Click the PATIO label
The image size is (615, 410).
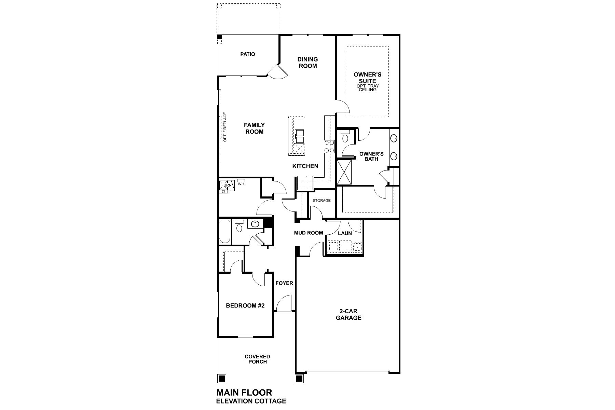pyautogui.click(x=247, y=54)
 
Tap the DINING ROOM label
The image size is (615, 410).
pyautogui.click(x=307, y=63)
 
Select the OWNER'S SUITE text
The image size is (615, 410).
pyautogui.click(x=367, y=78)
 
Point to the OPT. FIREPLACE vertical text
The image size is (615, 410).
pyautogui.click(x=225, y=127)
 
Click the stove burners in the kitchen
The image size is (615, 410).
pyautogui.click(x=329, y=147)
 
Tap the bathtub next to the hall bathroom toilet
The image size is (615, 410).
pyautogui.click(x=224, y=232)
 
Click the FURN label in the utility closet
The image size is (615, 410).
pyautogui.click(x=226, y=185)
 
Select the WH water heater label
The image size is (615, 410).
pyautogui.click(x=241, y=184)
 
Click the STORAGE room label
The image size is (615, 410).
pyautogui.click(x=322, y=201)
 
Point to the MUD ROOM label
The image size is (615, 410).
pyautogui.click(x=309, y=233)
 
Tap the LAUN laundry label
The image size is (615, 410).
pyautogui.click(x=345, y=233)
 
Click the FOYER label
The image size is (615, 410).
pyautogui.click(x=284, y=283)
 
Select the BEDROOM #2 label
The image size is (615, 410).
pyautogui.click(x=245, y=306)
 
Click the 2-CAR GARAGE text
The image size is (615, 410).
pyautogui.click(x=348, y=315)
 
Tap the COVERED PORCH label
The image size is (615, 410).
pyautogui.click(x=257, y=359)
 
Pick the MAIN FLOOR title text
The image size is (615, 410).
pyautogui.click(x=244, y=392)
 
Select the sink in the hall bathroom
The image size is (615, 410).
pyautogui.click(x=255, y=224)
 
